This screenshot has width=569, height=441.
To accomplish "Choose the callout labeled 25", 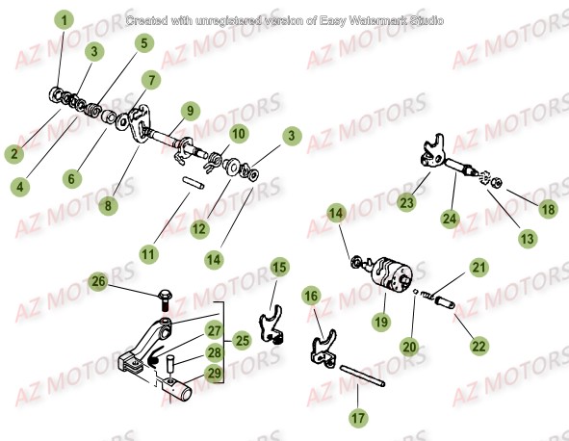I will coord(243,340).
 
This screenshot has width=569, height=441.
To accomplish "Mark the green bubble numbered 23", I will coord(406,203).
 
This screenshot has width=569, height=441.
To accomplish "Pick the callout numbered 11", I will coord(147,254).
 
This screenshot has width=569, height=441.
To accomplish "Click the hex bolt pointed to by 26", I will coord(164,298).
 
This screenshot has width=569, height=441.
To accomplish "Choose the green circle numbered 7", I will coord(150,78).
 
